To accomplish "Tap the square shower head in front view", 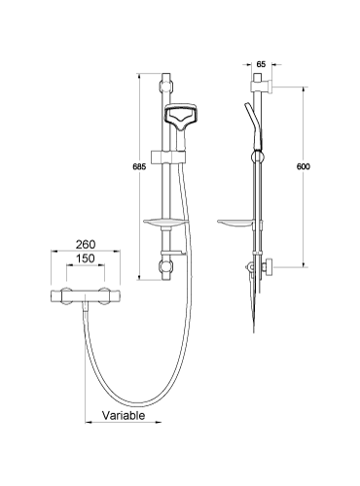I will pos(183,118).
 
